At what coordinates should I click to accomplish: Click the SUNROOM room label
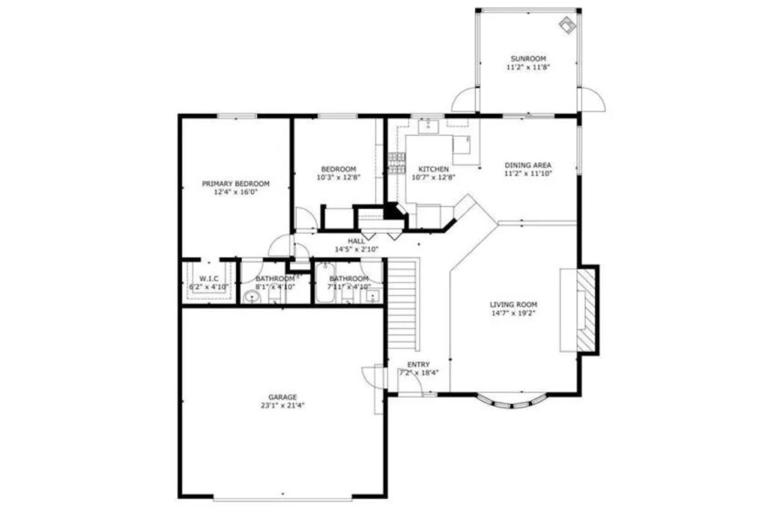pyautogui.click(x=528, y=58)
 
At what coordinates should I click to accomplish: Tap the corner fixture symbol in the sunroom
pyautogui.click(x=568, y=25)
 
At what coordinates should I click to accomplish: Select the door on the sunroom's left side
pyautogui.click(x=465, y=99)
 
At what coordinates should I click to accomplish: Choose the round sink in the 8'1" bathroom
pyautogui.click(x=253, y=297)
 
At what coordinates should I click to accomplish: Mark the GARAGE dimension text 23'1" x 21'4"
pyautogui.click(x=282, y=406)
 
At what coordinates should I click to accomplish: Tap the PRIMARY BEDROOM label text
pyautogui.click(x=235, y=183)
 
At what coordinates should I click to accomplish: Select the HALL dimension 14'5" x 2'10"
pyautogui.click(x=356, y=249)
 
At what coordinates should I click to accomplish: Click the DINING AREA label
pyautogui.click(x=528, y=165)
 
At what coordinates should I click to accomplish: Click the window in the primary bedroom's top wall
pyautogui.click(x=236, y=116)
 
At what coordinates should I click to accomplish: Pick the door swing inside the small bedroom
pyautogui.click(x=306, y=219)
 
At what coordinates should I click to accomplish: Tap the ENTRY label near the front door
pyautogui.click(x=418, y=364)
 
